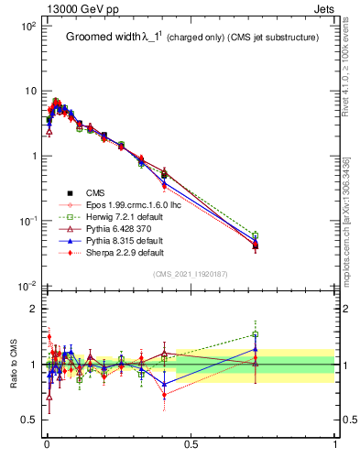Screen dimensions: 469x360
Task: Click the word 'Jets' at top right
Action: [x=325, y=8]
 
